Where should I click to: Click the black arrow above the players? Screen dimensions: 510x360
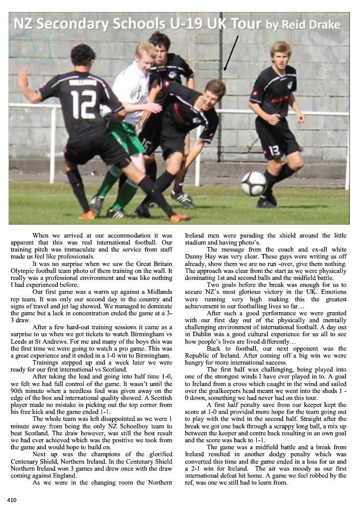tap(231, 52)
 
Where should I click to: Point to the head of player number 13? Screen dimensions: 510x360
tap(280, 54)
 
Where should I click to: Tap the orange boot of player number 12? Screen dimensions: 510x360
tap(179, 217)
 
